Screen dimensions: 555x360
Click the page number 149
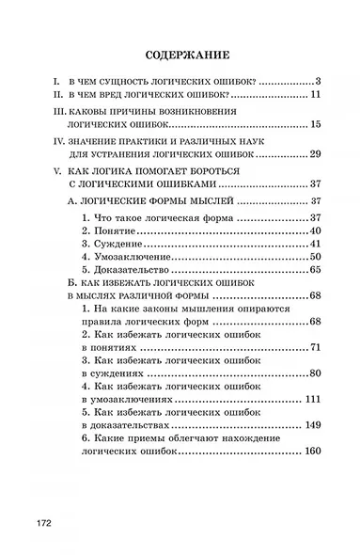click(313, 424)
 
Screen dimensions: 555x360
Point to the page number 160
click(313, 451)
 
